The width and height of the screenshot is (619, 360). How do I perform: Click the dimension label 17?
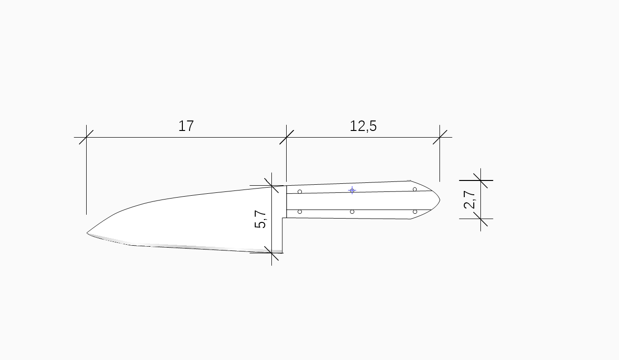pyautogui.click(x=186, y=126)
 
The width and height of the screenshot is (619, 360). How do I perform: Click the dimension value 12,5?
pyautogui.click(x=363, y=126)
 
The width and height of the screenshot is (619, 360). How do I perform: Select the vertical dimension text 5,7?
pyautogui.click(x=260, y=219)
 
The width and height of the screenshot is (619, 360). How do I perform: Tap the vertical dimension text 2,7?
pyautogui.click(x=469, y=200)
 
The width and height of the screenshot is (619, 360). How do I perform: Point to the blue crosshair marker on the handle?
pyautogui.click(x=352, y=190)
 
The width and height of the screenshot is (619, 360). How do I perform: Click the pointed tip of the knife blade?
pyautogui.click(x=87, y=233)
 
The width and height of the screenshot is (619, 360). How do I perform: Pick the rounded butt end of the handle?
pyautogui.click(x=439, y=200)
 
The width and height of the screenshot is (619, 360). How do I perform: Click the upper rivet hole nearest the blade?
pyautogui.click(x=300, y=191)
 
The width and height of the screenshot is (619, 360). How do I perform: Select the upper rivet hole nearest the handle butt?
pyautogui.click(x=415, y=189)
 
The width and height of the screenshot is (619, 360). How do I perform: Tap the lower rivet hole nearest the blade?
pyautogui.click(x=300, y=212)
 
